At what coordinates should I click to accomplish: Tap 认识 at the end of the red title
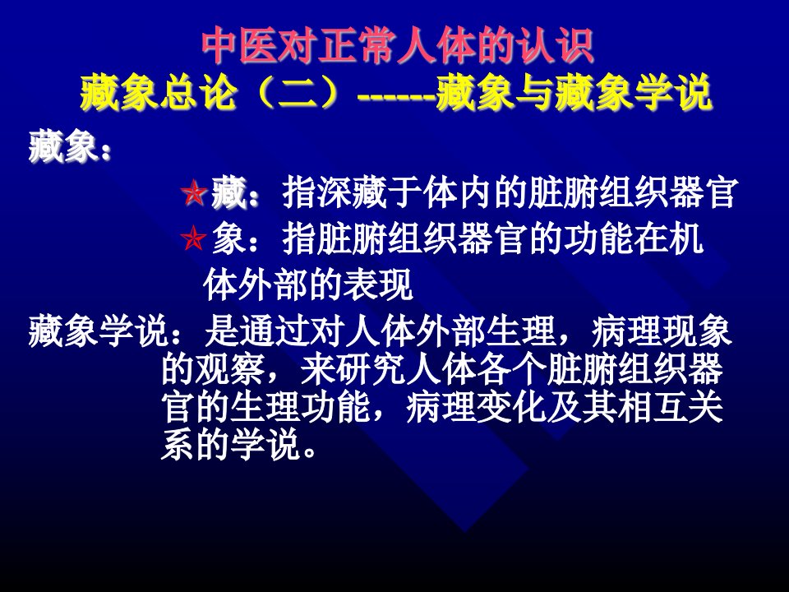(558, 46)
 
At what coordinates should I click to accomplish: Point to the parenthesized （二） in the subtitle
(296, 93)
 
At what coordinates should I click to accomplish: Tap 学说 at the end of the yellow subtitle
(673, 93)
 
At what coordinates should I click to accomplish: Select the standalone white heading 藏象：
(69, 146)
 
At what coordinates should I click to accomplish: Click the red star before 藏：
(194, 193)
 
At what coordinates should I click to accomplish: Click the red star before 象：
(194, 238)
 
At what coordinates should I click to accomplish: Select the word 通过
(274, 331)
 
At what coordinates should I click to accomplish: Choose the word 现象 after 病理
(696, 331)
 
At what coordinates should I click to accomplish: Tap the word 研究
(370, 370)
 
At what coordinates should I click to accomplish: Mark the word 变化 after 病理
(510, 407)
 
